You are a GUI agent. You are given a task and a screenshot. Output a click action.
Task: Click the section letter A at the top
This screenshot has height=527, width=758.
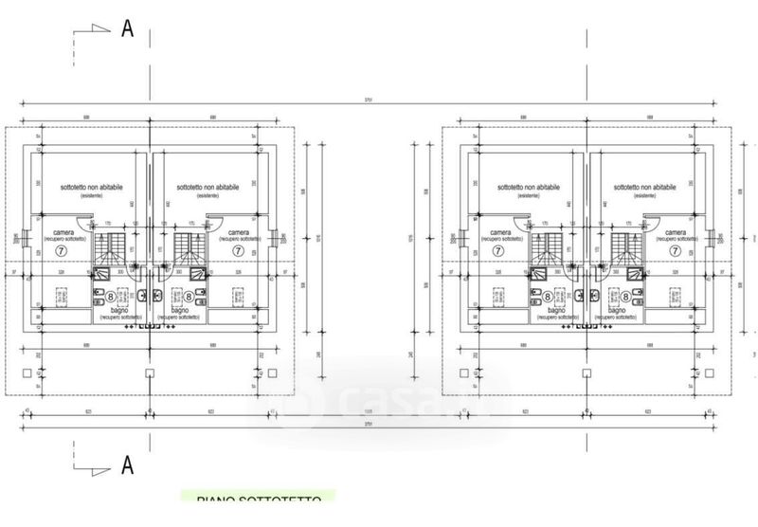coord(127,28)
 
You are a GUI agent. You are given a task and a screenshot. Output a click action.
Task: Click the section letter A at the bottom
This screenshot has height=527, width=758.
coord(127,465)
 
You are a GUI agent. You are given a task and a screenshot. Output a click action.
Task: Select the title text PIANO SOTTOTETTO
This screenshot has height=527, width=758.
coord(258,499)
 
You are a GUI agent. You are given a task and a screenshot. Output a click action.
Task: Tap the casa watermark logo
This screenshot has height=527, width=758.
coord(379,403)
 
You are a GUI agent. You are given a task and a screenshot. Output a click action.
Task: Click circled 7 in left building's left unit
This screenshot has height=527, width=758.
coord(62,252)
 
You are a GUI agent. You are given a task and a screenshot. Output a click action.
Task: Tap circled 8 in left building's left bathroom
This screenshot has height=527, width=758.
coord(111,297)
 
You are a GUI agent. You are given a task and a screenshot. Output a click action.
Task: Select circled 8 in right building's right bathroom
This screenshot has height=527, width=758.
coord(626,297)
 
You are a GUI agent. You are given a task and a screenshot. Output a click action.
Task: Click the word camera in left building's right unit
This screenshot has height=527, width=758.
coord(239,232)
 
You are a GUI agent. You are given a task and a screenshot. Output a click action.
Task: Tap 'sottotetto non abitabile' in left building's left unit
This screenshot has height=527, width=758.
coord(92,188)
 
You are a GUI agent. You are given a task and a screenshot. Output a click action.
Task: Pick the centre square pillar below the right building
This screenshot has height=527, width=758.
coord(587,372)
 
